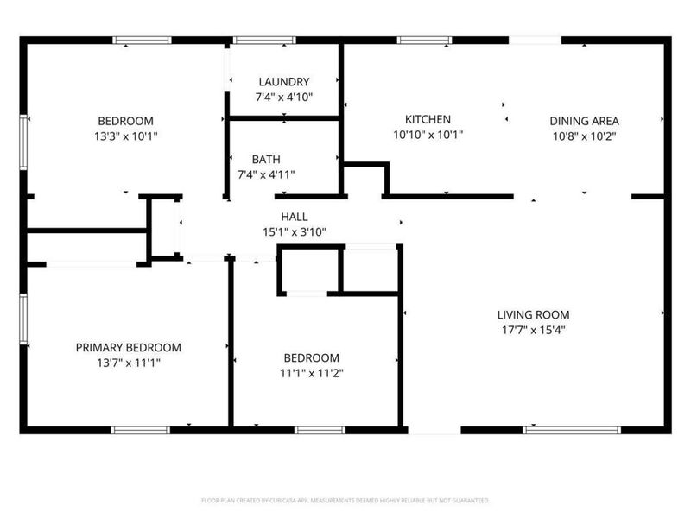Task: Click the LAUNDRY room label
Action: point(282,82)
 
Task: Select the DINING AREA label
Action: point(586,121)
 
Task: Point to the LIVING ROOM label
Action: point(533,315)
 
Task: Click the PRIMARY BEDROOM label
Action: point(129,348)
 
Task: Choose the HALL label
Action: point(294,217)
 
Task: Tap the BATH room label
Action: point(266,160)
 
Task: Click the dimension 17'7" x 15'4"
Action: point(533,330)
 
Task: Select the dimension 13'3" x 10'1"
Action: point(125,136)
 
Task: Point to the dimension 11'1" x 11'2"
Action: point(312,373)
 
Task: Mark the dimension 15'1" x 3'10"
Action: point(294,231)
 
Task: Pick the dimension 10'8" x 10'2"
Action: point(586,136)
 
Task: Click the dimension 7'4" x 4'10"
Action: point(282,97)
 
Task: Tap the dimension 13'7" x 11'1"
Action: point(129,363)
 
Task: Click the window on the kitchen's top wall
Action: point(424,40)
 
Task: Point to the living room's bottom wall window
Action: point(572,429)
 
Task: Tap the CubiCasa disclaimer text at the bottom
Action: point(345,500)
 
